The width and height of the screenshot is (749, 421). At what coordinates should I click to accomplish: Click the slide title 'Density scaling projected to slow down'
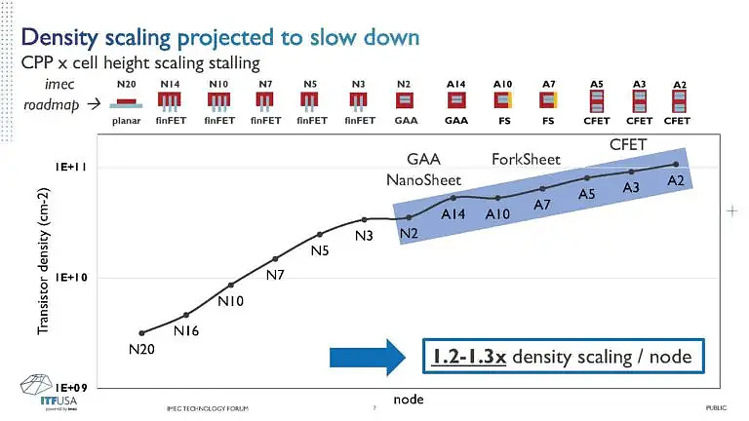(220, 37)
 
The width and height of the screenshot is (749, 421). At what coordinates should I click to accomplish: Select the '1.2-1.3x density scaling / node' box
(562, 357)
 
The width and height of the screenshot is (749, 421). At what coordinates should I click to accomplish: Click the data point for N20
(142, 333)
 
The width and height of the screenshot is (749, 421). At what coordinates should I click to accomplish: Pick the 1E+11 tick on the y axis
(70, 168)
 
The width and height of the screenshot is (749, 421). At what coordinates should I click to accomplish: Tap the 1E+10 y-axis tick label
(70, 278)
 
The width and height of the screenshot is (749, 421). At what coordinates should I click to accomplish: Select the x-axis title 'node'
(408, 400)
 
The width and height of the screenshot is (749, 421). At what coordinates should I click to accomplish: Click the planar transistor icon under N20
(127, 103)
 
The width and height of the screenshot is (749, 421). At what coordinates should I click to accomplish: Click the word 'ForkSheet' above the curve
(527, 160)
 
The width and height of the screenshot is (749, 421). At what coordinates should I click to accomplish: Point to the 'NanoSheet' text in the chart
(424, 179)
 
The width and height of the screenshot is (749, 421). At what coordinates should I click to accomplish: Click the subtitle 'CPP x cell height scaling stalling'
(140, 62)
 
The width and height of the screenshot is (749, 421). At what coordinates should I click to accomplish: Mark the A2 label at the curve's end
(676, 181)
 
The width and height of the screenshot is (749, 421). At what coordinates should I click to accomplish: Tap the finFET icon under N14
(171, 100)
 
